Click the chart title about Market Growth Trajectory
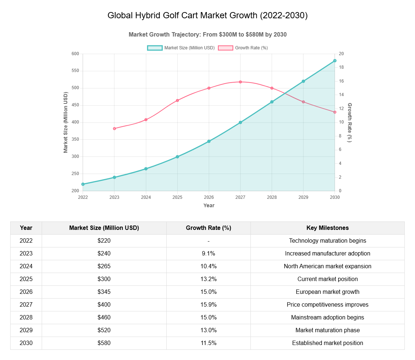[207, 34]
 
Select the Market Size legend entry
[181, 48]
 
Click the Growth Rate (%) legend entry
[243, 48]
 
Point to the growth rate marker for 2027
[240, 82]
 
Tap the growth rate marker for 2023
[114, 129]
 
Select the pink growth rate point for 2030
[335, 112]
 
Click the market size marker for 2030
[335, 61]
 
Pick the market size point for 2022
[83, 184]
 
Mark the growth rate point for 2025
[177, 100]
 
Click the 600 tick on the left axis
[75, 54]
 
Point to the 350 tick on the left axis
[75, 139]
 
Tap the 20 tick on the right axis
[341, 54]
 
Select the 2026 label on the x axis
[209, 197]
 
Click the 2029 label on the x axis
[303, 197]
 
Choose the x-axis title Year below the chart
[209, 205]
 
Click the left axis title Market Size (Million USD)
[66, 122]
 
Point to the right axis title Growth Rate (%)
[350, 122]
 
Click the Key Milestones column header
[327, 228]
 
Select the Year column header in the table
[26, 228]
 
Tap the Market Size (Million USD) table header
[104, 228]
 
